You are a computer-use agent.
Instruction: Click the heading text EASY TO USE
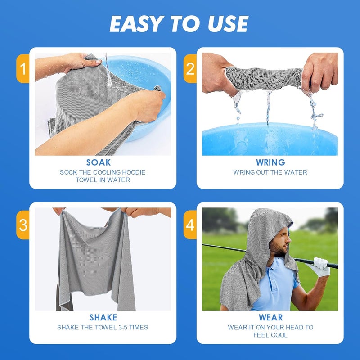point(179,24)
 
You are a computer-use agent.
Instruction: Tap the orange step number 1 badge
point(22,68)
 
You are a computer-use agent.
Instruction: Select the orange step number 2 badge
point(190,68)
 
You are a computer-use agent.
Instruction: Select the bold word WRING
point(270,162)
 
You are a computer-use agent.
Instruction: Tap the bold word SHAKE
point(103,318)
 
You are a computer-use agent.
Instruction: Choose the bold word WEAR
point(270,318)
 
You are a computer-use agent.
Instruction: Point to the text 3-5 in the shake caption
point(121,328)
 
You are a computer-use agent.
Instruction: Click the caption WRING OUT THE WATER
point(270,172)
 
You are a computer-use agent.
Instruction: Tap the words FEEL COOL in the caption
point(270,335)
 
